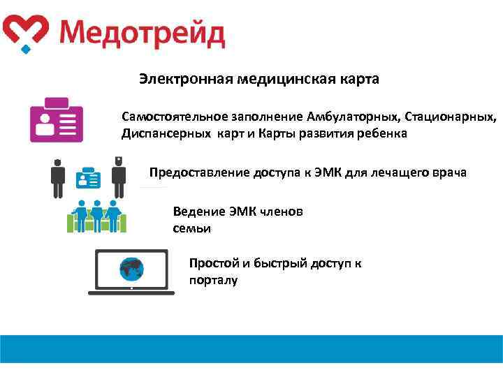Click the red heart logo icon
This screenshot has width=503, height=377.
[25, 32]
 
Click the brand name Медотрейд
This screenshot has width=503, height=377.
[141, 33]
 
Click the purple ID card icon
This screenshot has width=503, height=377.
[56, 121]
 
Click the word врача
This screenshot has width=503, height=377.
[451, 172]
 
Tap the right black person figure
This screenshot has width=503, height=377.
[119, 177]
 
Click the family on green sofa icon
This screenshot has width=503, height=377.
[96, 216]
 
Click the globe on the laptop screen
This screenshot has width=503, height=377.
[131, 268]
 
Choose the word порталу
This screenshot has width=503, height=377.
[213, 280]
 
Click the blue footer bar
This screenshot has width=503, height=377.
[251, 348]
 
